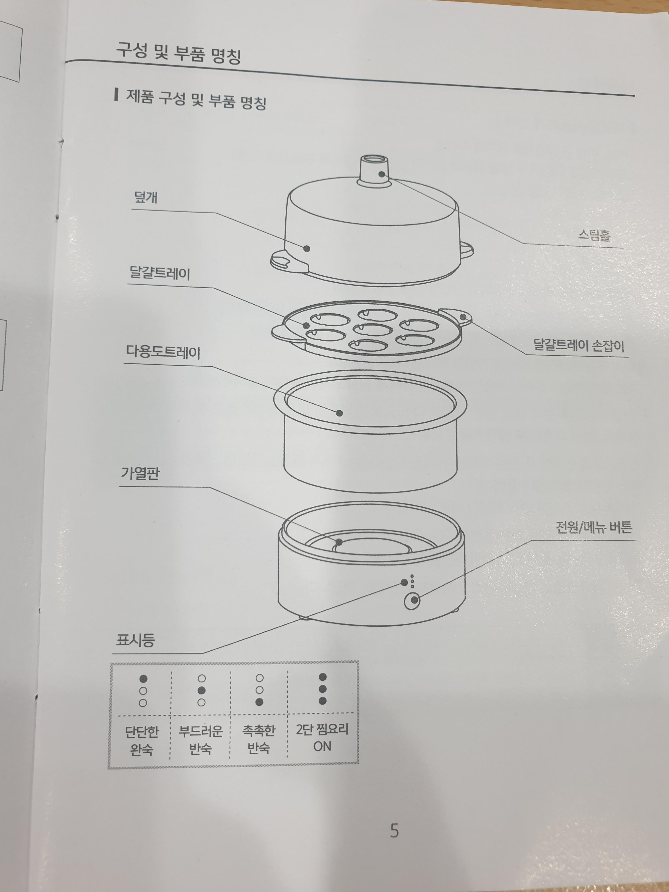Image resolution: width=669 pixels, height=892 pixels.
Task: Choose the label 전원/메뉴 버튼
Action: click(x=594, y=527)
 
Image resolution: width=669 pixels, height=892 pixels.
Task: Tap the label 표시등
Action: click(x=135, y=640)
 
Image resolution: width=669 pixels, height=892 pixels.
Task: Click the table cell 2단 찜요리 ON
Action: click(x=322, y=738)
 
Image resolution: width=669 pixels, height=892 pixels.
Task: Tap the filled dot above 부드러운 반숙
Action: click(x=202, y=690)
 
